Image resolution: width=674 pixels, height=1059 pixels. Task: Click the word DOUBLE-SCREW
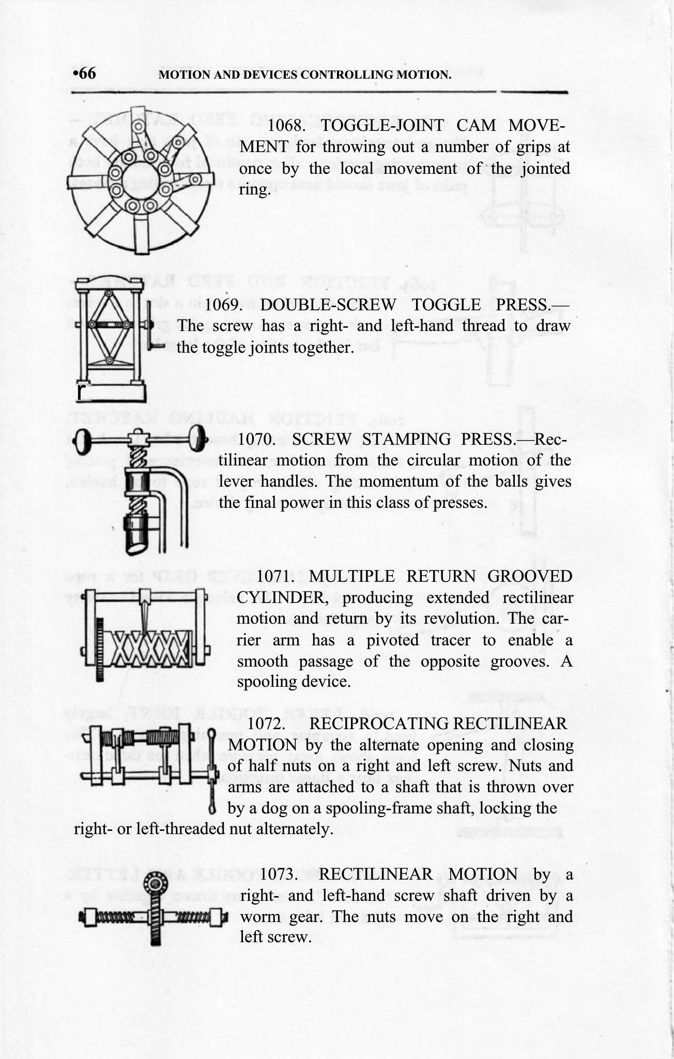point(328,305)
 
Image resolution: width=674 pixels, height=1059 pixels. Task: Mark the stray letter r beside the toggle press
point(80,392)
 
